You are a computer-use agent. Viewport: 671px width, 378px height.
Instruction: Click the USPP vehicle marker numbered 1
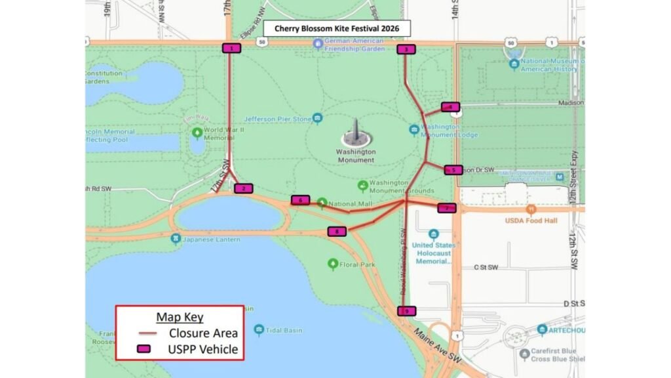coord(231,48)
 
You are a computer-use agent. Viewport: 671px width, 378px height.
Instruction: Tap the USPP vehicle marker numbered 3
coord(406,49)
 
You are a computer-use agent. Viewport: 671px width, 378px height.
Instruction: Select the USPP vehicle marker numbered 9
coord(406,310)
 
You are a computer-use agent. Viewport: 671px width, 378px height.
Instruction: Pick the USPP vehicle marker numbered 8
coord(337,231)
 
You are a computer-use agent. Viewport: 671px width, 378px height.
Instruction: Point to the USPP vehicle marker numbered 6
coord(300,199)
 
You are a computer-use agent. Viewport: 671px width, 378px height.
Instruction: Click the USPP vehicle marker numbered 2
coord(243,188)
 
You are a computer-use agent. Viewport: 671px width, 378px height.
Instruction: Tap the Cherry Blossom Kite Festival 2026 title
coord(337,29)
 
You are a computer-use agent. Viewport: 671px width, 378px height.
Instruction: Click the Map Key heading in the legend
coord(180,318)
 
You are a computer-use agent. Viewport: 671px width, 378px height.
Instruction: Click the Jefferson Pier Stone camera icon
coord(318,119)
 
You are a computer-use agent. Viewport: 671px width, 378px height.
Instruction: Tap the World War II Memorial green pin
coord(197,133)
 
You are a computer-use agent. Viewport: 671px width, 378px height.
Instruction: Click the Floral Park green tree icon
coord(333,264)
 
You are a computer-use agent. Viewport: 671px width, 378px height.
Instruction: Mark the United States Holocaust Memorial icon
coord(433,234)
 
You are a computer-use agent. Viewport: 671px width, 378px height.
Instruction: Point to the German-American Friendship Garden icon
coord(318,44)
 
